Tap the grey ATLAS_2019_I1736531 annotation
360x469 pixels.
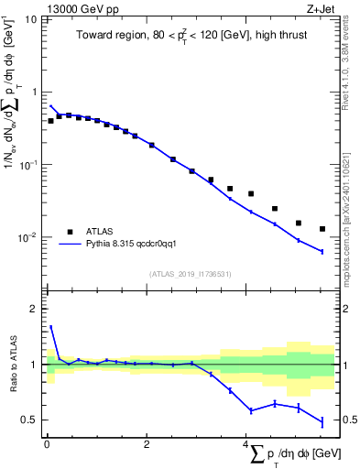[189, 274]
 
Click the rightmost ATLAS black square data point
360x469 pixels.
[322, 229]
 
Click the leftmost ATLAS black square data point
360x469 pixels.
[50, 120]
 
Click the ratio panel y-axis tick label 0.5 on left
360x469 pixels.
[29, 420]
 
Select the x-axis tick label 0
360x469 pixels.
[47, 444]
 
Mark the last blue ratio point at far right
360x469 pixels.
[322, 421]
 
